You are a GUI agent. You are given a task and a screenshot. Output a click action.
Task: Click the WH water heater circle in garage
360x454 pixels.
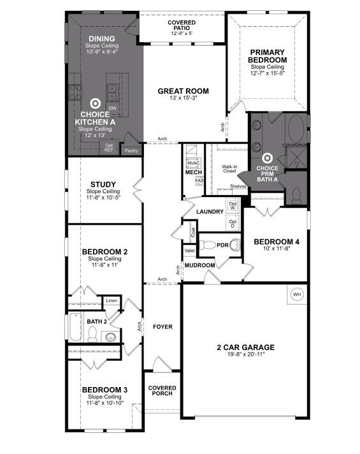[297, 295]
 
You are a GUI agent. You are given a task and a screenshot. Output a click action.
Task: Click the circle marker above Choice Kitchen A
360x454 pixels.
[96, 103]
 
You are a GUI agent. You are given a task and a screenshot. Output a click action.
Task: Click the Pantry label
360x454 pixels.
[131, 150]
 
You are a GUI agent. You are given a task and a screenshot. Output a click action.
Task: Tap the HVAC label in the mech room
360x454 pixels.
[194, 163]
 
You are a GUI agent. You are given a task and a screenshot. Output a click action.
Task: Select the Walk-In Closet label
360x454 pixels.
[229, 169]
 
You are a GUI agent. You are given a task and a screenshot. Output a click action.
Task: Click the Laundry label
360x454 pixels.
[209, 212]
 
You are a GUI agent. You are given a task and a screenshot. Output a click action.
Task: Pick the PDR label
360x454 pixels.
[222, 245]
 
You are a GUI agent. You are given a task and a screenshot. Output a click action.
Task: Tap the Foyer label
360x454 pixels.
[162, 327]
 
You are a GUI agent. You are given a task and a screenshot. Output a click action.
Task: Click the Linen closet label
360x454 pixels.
[112, 300]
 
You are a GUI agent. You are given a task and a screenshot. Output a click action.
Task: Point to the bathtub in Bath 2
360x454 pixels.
[75, 329]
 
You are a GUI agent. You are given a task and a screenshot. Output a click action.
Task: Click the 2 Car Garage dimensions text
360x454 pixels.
[245, 355]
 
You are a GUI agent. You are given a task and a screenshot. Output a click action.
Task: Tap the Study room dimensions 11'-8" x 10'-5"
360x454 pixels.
[103, 198]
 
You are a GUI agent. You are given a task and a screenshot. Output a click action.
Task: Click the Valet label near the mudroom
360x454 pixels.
[189, 251]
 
